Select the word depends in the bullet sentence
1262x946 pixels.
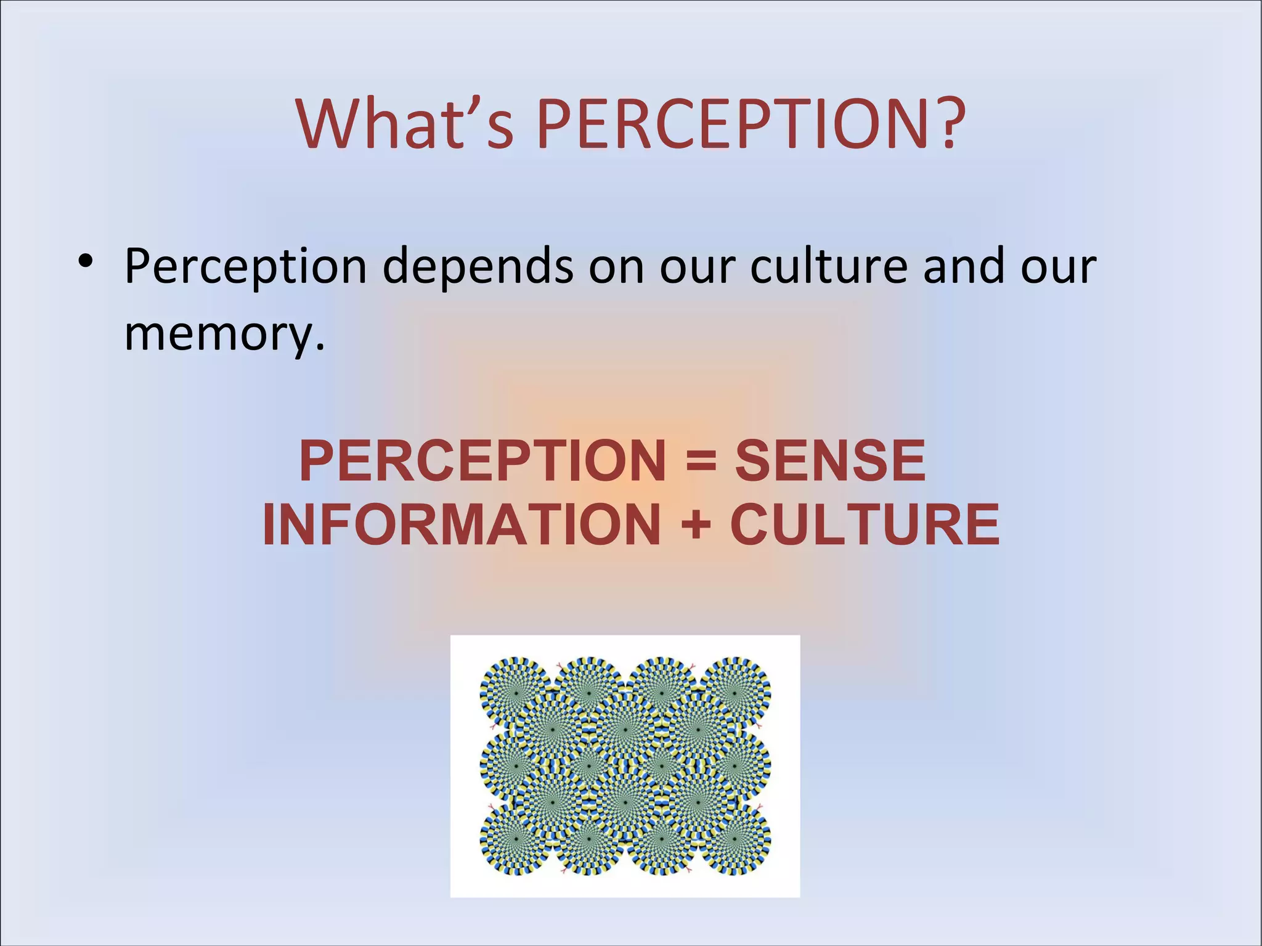[478, 266]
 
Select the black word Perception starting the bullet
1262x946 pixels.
[245, 266]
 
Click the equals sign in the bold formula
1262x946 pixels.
[701, 461]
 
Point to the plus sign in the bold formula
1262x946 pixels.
[696, 524]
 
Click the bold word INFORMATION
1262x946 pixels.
[461, 524]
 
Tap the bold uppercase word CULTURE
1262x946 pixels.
[864, 524]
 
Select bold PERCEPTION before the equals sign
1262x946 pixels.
[482, 460]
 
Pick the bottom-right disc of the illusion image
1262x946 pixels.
[735, 839]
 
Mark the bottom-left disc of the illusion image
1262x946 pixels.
[515, 839]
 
